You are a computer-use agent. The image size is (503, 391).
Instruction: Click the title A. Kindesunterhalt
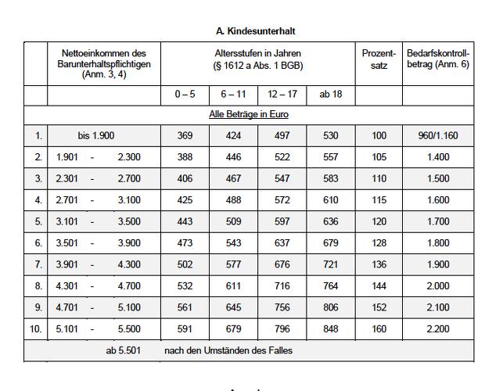pos(255,30)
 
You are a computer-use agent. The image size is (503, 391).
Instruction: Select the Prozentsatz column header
pos(379,59)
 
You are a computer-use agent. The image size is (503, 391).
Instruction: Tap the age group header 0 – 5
pos(185,95)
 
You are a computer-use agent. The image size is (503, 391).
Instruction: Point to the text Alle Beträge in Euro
pos(249,114)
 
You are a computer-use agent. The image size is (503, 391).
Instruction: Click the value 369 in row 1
pos(185,136)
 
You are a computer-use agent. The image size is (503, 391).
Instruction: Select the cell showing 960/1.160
pos(438,136)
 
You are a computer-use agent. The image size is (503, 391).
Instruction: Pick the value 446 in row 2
pos(232,157)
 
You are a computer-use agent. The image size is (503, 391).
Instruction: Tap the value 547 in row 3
pos(282,179)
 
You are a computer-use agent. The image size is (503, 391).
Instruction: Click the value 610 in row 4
pos(331,200)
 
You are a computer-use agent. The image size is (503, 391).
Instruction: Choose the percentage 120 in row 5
pos(379,222)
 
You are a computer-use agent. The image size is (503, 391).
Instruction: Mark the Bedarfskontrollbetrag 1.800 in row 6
pos(438,243)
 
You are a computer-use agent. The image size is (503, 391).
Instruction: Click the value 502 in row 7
pos(185,265)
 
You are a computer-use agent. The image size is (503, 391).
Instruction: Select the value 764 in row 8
pos(331,286)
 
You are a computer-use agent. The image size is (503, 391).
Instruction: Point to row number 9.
pos(35,308)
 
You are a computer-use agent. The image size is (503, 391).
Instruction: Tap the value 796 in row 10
pos(282,329)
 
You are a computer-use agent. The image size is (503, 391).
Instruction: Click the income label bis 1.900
pos(95,136)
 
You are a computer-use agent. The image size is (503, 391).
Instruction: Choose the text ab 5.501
pos(124,350)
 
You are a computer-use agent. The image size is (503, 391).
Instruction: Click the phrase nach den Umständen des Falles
pos(228,350)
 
